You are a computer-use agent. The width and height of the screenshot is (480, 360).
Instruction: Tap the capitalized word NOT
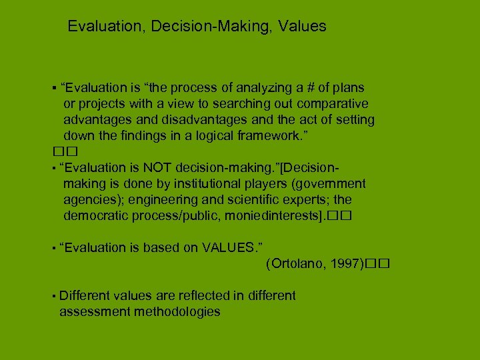[158, 167]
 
